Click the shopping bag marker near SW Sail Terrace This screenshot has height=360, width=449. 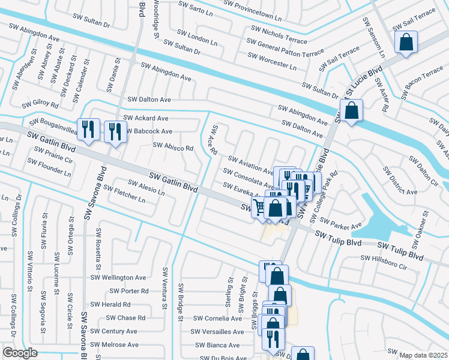(406, 43)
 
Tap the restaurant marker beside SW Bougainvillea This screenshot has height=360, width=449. (88, 129)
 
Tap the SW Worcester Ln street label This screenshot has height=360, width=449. (272, 62)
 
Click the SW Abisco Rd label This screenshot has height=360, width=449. (173, 146)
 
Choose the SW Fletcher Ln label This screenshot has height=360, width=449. (124, 193)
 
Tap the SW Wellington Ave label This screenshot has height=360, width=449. (118, 278)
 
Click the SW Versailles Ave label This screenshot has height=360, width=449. (217, 332)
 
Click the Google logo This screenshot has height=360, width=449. (20, 353)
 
